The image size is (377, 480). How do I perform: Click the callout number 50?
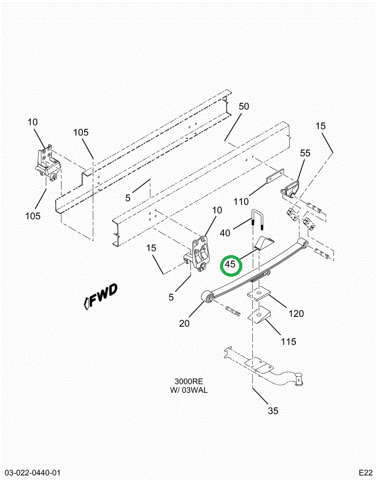[x=244, y=106]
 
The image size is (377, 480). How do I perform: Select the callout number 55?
[x=305, y=153]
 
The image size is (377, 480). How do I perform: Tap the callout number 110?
[x=240, y=201]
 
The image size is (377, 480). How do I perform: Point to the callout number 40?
[x=225, y=233]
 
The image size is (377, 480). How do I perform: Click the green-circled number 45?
[x=231, y=265]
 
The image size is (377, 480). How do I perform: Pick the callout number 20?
[x=184, y=323]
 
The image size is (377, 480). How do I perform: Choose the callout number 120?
[x=296, y=313]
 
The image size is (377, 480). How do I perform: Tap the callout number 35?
[x=273, y=410]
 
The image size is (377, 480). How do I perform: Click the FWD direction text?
[x=101, y=300]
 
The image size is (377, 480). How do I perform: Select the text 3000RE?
[x=188, y=381]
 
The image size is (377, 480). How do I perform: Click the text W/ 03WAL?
[x=188, y=390]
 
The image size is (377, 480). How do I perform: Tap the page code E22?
[x=364, y=473]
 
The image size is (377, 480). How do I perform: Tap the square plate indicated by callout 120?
[x=259, y=293]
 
